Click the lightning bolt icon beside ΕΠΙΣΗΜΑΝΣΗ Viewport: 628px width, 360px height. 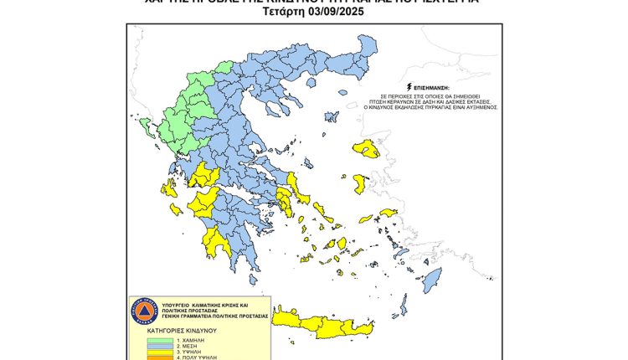pos(408,86)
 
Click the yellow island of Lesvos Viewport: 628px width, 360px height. pos(366,150)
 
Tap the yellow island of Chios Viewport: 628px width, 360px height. pos(360,183)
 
